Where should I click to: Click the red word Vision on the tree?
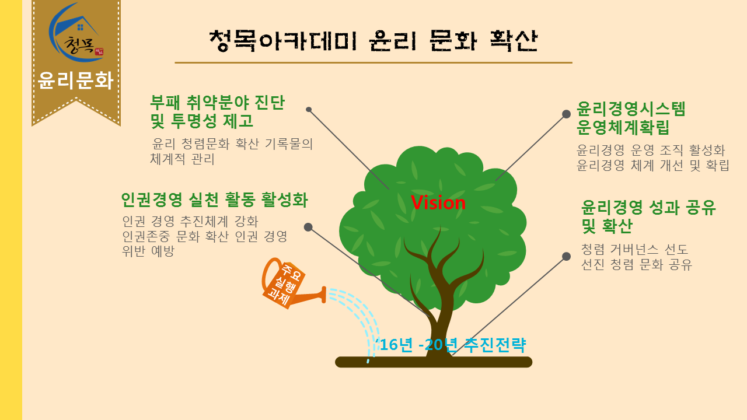(x=438, y=202)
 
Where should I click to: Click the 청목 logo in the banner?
(x=76, y=33)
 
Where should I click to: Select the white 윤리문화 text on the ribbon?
(x=76, y=80)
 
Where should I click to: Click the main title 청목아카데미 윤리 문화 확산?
(x=373, y=41)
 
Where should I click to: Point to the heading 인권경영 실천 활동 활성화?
(x=214, y=199)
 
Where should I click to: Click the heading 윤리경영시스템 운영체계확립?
(x=631, y=118)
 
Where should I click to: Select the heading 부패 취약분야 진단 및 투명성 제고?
(x=218, y=111)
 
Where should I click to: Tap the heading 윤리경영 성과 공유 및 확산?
(x=648, y=216)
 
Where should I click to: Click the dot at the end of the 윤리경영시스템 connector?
(x=566, y=114)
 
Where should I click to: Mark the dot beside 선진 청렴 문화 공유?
(x=566, y=256)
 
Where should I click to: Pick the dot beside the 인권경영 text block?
(x=308, y=227)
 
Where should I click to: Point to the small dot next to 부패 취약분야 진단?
(x=309, y=109)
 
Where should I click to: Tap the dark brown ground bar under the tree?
(x=434, y=362)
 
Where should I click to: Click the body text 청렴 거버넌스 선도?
(x=634, y=249)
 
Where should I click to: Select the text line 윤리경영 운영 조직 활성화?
(x=651, y=150)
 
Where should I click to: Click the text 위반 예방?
(x=148, y=251)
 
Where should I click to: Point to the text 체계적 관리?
(x=182, y=159)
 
